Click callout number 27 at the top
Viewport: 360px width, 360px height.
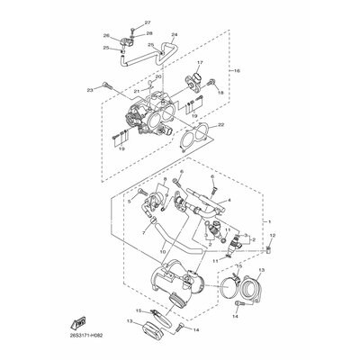[148, 21]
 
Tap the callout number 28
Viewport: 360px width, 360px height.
[148, 32]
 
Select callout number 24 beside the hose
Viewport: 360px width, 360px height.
[175, 34]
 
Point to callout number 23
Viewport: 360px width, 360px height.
[90, 91]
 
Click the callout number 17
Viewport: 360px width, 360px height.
[200, 63]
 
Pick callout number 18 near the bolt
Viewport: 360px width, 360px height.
[220, 91]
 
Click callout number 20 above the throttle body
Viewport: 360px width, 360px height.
[158, 77]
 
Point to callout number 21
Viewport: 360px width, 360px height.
[138, 91]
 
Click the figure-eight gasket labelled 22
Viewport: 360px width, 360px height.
[191, 140]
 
